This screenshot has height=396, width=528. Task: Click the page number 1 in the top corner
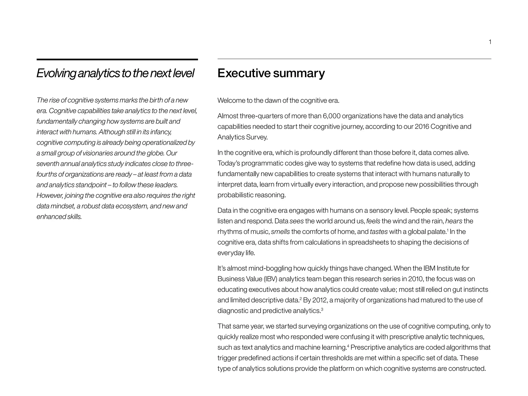point(490,42)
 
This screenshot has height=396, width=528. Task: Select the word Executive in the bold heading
point(244,73)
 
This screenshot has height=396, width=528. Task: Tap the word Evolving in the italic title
point(56,73)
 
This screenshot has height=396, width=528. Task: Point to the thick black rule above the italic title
point(117,60)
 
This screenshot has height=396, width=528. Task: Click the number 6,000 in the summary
point(331,116)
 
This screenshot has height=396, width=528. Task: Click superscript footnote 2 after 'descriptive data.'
point(301,299)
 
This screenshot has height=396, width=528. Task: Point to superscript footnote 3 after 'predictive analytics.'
point(322,309)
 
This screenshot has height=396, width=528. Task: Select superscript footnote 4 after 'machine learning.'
point(348,346)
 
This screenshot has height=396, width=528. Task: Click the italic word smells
point(280,232)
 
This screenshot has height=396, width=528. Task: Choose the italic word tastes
point(378,232)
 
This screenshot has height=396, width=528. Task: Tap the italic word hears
point(453,221)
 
